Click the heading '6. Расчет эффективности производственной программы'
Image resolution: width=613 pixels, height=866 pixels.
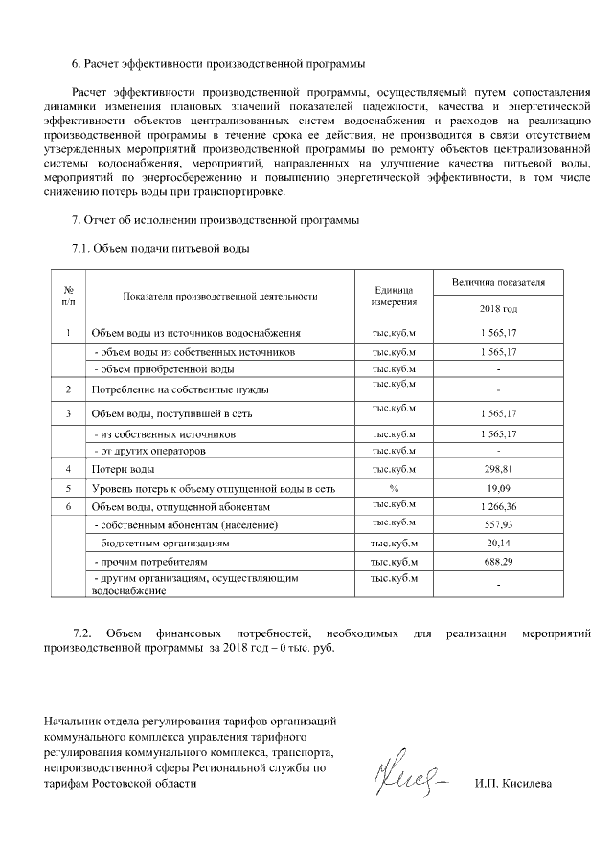[218, 65]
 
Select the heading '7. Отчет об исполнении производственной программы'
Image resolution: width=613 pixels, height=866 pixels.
[216, 221]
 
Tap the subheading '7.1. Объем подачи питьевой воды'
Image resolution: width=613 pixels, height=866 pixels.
[161, 249]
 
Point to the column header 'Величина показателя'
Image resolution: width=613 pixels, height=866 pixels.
[498, 283]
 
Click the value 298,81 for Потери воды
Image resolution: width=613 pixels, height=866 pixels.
[498, 470]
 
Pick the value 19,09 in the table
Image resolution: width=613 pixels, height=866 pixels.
[498, 488]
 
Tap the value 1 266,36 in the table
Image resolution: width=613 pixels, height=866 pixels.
[498, 506]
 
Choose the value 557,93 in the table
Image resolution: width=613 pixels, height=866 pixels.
[498, 524]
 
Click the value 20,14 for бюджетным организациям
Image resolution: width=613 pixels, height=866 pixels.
[498, 543]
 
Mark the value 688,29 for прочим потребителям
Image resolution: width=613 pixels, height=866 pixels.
[498, 561]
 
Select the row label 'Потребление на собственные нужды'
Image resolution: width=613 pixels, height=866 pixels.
[179, 390]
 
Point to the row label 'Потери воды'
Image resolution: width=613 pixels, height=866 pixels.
[123, 470]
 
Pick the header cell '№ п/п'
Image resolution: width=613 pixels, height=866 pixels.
[68, 296]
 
